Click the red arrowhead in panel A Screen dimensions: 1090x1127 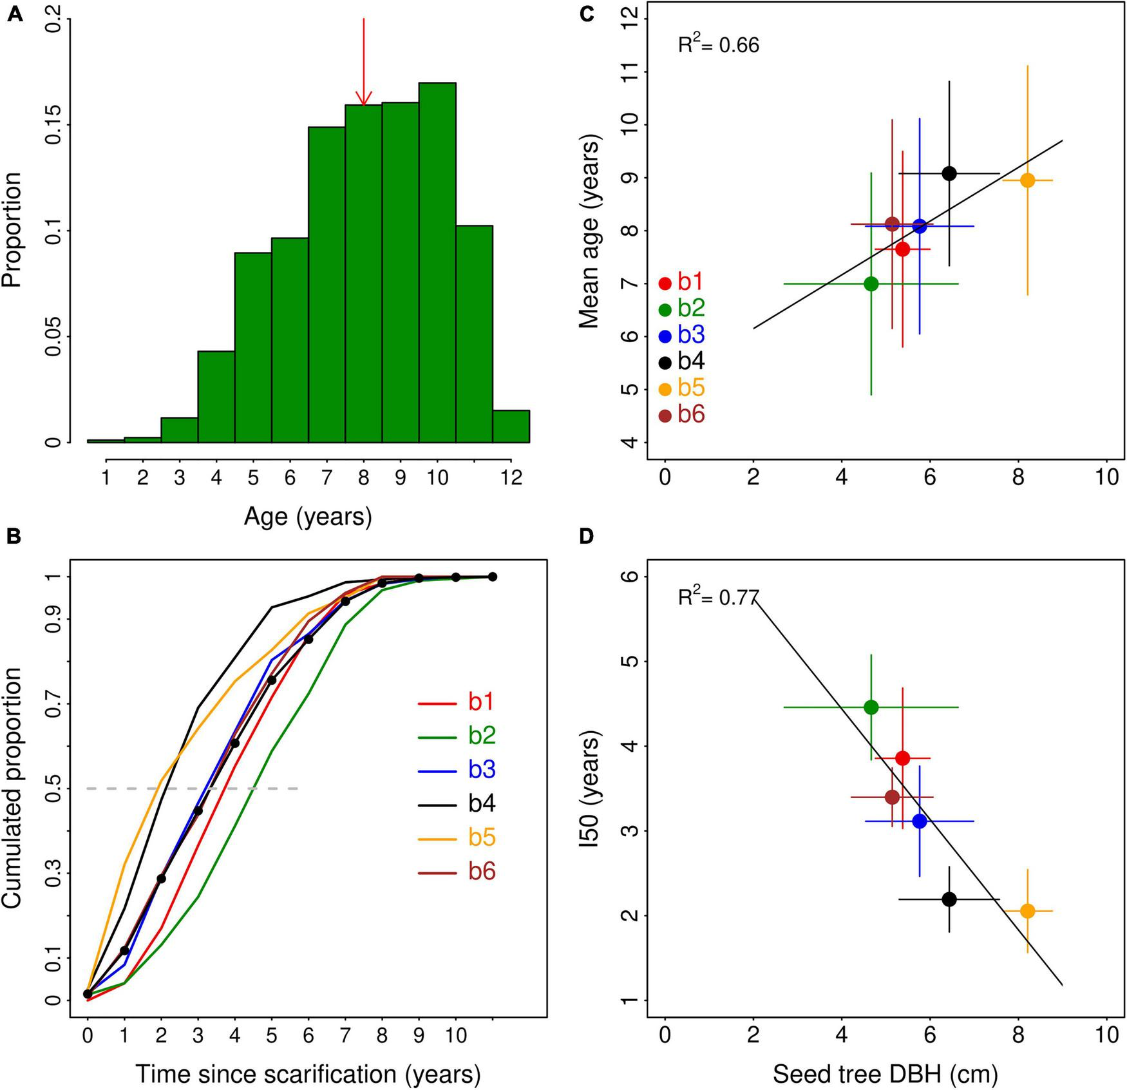[x=364, y=98]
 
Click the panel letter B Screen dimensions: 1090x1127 [x=14, y=536]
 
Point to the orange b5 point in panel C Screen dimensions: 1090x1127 [x=1027, y=180]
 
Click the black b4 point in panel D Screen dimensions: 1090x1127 [x=949, y=899]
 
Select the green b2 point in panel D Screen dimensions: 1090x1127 [x=871, y=707]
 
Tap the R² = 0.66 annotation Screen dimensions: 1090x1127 [x=718, y=45]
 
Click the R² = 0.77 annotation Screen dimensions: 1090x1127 [x=718, y=597]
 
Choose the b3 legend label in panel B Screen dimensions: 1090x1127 [x=481, y=770]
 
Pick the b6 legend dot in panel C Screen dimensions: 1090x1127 [x=665, y=416]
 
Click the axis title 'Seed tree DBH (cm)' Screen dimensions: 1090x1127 [x=885, y=1073]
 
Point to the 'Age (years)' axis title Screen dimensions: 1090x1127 [x=308, y=516]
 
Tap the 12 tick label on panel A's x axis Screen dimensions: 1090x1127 [x=511, y=477]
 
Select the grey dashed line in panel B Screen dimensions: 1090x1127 [x=193, y=788]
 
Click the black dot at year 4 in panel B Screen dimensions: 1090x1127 [x=234, y=743]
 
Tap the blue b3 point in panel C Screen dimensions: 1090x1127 [x=919, y=226]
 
